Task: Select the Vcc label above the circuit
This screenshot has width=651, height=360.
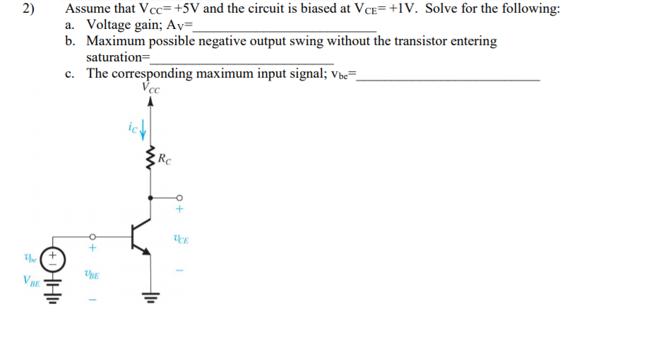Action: point(150,89)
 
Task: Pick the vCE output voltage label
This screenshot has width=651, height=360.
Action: point(181,240)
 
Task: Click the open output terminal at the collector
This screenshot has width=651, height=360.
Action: point(179,197)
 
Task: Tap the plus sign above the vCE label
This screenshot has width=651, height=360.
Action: point(179,210)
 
